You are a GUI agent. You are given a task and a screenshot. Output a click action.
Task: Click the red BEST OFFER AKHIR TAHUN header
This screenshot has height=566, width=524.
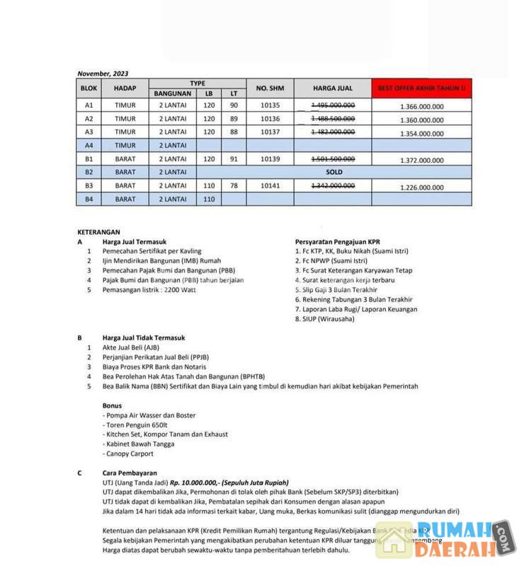click(x=421, y=88)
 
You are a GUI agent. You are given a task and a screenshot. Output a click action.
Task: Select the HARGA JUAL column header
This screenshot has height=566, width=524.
click(x=333, y=88)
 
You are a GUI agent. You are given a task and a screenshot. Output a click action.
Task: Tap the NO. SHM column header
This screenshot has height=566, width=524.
click(x=270, y=88)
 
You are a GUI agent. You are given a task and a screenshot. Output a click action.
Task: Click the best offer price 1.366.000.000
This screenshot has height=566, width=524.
click(x=421, y=106)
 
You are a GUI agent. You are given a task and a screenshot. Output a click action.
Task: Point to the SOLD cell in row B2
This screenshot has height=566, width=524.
click(x=334, y=172)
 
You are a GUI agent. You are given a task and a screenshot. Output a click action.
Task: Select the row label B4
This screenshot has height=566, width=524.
click(x=89, y=200)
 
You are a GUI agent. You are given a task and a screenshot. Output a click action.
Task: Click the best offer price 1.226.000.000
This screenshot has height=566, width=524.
click(x=421, y=187)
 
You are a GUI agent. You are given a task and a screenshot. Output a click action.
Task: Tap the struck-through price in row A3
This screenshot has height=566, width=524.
click(x=333, y=132)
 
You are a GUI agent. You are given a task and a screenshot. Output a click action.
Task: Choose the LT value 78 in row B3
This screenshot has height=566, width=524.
click(x=234, y=186)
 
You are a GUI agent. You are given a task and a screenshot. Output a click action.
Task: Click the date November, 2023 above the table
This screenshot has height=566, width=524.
click(x=103, y=74)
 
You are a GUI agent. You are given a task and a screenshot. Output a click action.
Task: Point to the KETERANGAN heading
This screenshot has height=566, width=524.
click(x=99, y=231)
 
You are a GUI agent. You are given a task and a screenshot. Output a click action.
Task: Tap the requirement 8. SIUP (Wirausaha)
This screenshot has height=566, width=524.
click(x=325, y=319)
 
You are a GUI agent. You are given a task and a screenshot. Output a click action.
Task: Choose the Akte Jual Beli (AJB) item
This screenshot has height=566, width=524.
click(x=132, y=347)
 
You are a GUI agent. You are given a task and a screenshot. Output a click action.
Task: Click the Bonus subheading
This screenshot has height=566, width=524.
click(x=113, y=405)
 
